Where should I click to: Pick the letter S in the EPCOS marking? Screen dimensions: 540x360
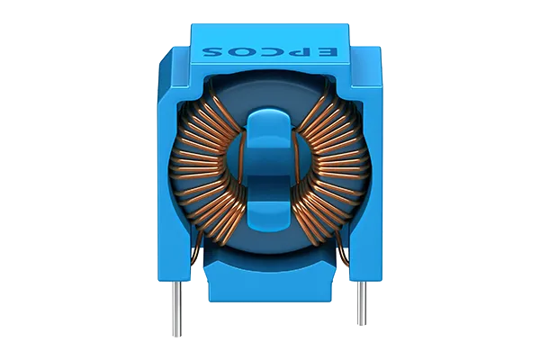pos(211,52)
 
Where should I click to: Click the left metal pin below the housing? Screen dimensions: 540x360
pos(176,309)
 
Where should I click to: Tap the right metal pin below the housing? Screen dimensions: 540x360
pos(361,303)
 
